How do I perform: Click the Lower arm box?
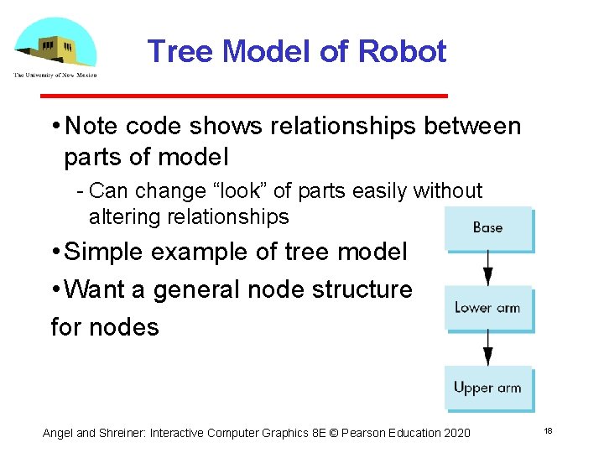488,308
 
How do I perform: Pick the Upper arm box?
488,388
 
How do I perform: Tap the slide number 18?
548,430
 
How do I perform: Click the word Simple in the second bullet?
107,252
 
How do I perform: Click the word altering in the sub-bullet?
126,216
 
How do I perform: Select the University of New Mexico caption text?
55,75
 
